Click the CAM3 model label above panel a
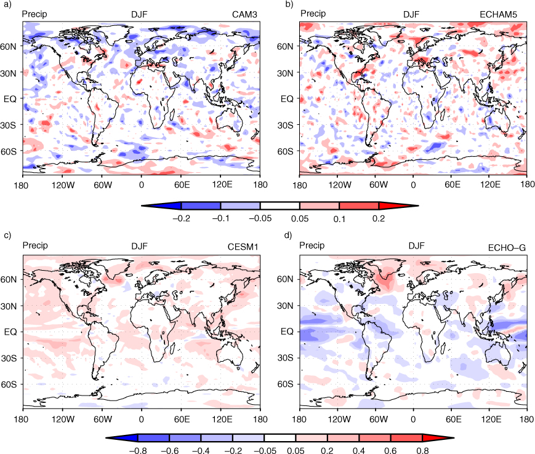click(x=244, y=15)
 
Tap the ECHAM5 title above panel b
click(x=498, y=14)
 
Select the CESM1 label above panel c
click(x=243, y=247)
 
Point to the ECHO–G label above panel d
click(x=507, y=248)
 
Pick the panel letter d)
click(x=288, y=235)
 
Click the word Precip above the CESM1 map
click(x=35, y=245)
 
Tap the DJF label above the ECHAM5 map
click(x=411, y=14)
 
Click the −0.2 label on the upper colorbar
click(x=182, y=218)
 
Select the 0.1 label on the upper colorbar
click(x=339, y=219)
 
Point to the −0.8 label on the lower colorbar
click(x=138, y=450)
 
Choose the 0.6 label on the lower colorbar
click(x=390, y=450)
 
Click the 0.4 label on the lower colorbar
click(x=358, y=450)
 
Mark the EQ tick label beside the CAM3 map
click(x=10, y=99)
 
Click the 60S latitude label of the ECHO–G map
click(x=285, y=384)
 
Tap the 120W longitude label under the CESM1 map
click(x=63, y=419)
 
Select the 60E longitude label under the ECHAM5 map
click(x=453, y=185)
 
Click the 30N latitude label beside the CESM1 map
click(x=9, y=306)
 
